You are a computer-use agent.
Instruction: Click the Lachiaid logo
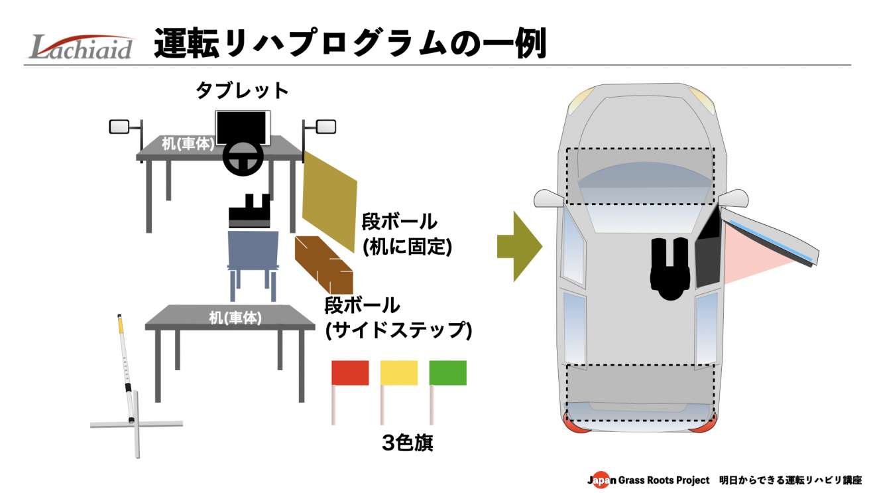point(82,46)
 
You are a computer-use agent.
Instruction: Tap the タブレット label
point(243,90)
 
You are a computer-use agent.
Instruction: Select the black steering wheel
point(242,157)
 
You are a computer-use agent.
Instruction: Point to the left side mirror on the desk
point(119,127)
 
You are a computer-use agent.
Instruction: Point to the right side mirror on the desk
point(325,126)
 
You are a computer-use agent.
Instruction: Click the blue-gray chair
point(253,249)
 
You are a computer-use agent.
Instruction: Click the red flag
point(349,373)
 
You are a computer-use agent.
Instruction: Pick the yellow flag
point(398,373)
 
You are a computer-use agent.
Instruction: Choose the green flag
point(448,373)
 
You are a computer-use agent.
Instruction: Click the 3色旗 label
point(408,443)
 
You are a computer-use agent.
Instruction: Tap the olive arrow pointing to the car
point(519,246)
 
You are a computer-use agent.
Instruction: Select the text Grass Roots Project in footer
point(663,480)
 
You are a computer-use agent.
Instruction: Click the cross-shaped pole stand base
point(136,423)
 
